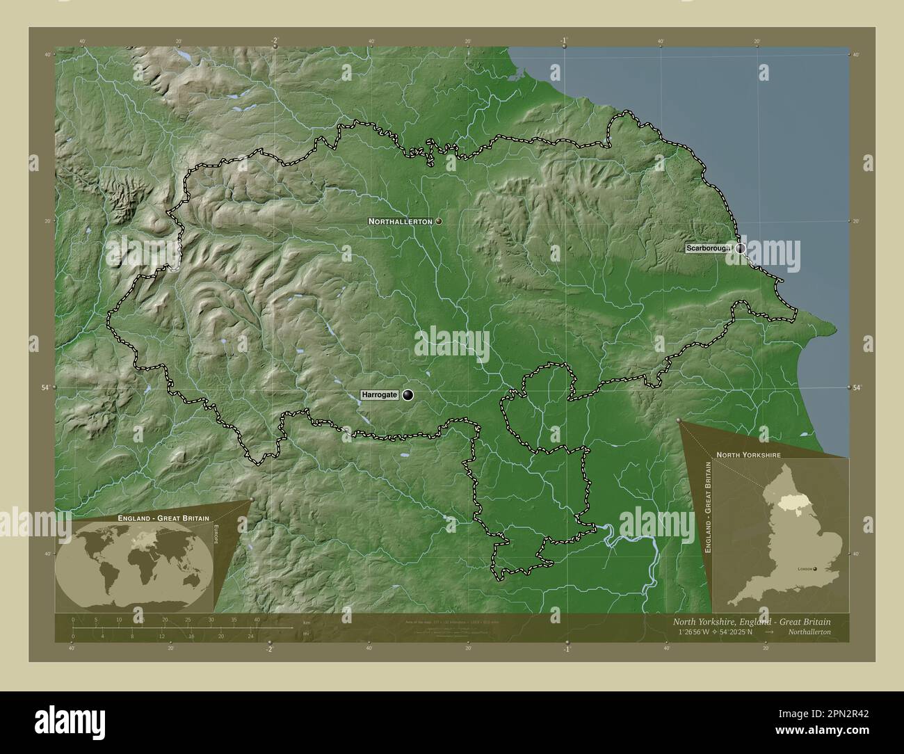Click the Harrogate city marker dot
tap(407, 395)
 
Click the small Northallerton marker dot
tap(439, 221)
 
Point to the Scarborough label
tap(708, 248)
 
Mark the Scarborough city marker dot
tap(741, 248)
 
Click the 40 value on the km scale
tap(257, 619)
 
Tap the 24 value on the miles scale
tap(251, 636)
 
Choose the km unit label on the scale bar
tap(306, 622)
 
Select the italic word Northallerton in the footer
tap(809, 632)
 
